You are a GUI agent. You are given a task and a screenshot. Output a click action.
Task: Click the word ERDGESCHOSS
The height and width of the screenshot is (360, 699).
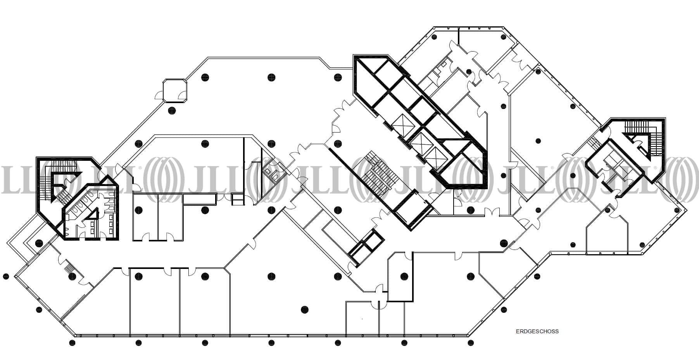pos(537,331)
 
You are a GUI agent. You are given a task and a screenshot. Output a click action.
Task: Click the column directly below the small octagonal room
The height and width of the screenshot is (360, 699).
pos(171,111)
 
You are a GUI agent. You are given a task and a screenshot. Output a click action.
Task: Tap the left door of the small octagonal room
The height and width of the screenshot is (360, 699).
pos(159,95)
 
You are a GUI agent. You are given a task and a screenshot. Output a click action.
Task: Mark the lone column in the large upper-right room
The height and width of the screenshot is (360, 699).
pos(538,141)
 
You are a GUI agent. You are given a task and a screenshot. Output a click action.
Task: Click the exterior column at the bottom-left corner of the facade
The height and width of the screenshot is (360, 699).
pos(72,343)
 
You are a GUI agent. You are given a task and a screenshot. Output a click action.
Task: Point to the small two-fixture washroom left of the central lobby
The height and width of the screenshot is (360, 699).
pos(271,173)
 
